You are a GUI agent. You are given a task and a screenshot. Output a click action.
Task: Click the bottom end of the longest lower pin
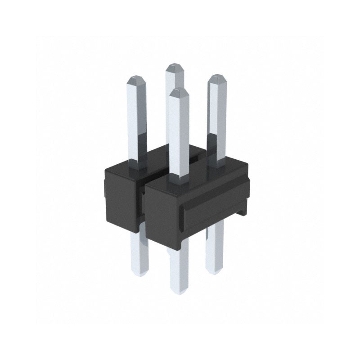coord(179,290)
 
